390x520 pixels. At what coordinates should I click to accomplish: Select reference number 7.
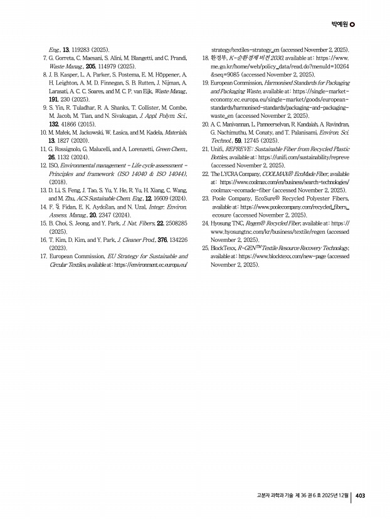(43, 58)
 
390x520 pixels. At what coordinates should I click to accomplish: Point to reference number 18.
(206, 58)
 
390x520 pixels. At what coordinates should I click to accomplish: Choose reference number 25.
(206, 249)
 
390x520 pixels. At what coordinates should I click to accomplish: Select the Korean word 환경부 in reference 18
(219, 58)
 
